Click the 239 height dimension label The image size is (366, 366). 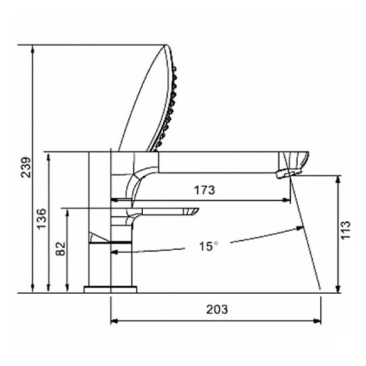click(x=26, y=167)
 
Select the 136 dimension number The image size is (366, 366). click(x=41, y=219)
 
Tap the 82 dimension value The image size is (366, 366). click(x=61, y=249)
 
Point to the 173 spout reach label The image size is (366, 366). click(x=204, y=190)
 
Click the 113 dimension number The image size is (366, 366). click(x=345, y=230)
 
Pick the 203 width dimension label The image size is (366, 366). click(x=217, y=309)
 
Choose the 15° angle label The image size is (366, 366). click(x=208, y=246)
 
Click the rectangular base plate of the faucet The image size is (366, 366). click(x=110, y=289)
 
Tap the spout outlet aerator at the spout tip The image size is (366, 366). click(x=289, y=174)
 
